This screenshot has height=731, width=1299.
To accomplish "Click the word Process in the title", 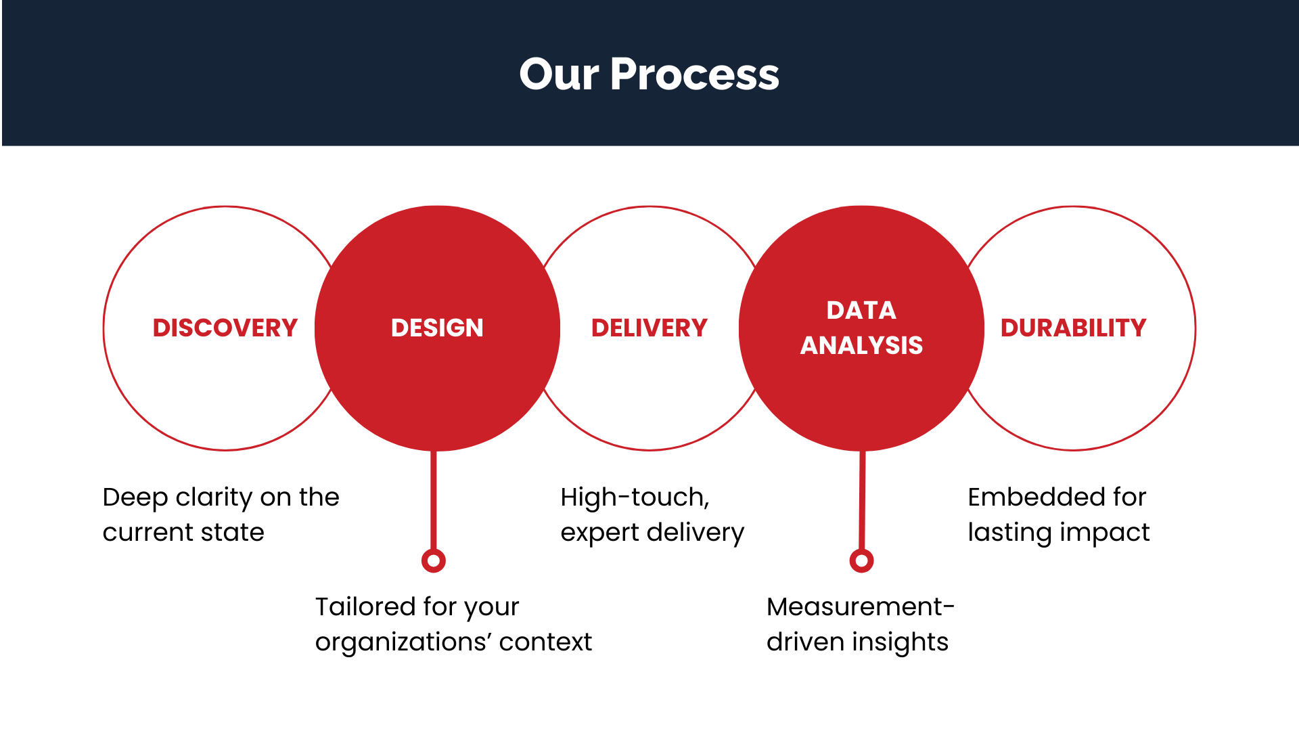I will pos(694,74).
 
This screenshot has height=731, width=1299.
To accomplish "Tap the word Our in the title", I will pos(559,74).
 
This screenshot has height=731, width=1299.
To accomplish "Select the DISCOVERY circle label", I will pos(225,328).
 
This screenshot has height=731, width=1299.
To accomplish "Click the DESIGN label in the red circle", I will pos(437,328).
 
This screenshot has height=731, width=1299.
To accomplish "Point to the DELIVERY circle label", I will pos(649,328).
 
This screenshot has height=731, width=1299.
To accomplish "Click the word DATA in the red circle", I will pos(861,310).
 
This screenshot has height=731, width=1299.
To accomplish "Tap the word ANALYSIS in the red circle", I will pos(861,345).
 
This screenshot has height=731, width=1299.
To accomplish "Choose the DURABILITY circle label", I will pos(1073,328).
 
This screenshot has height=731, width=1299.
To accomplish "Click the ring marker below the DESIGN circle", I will pos(433,560).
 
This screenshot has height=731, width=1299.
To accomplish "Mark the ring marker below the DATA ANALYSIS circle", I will pos(861,560).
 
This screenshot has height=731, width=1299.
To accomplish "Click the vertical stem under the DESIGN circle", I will pos(433,501).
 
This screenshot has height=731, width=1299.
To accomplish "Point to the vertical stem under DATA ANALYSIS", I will pos(862,501).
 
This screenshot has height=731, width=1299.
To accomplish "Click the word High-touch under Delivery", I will pos(634,497).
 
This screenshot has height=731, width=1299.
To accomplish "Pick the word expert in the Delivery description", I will pos(599,533).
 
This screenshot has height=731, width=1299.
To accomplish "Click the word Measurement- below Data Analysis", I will pos(860,606).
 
